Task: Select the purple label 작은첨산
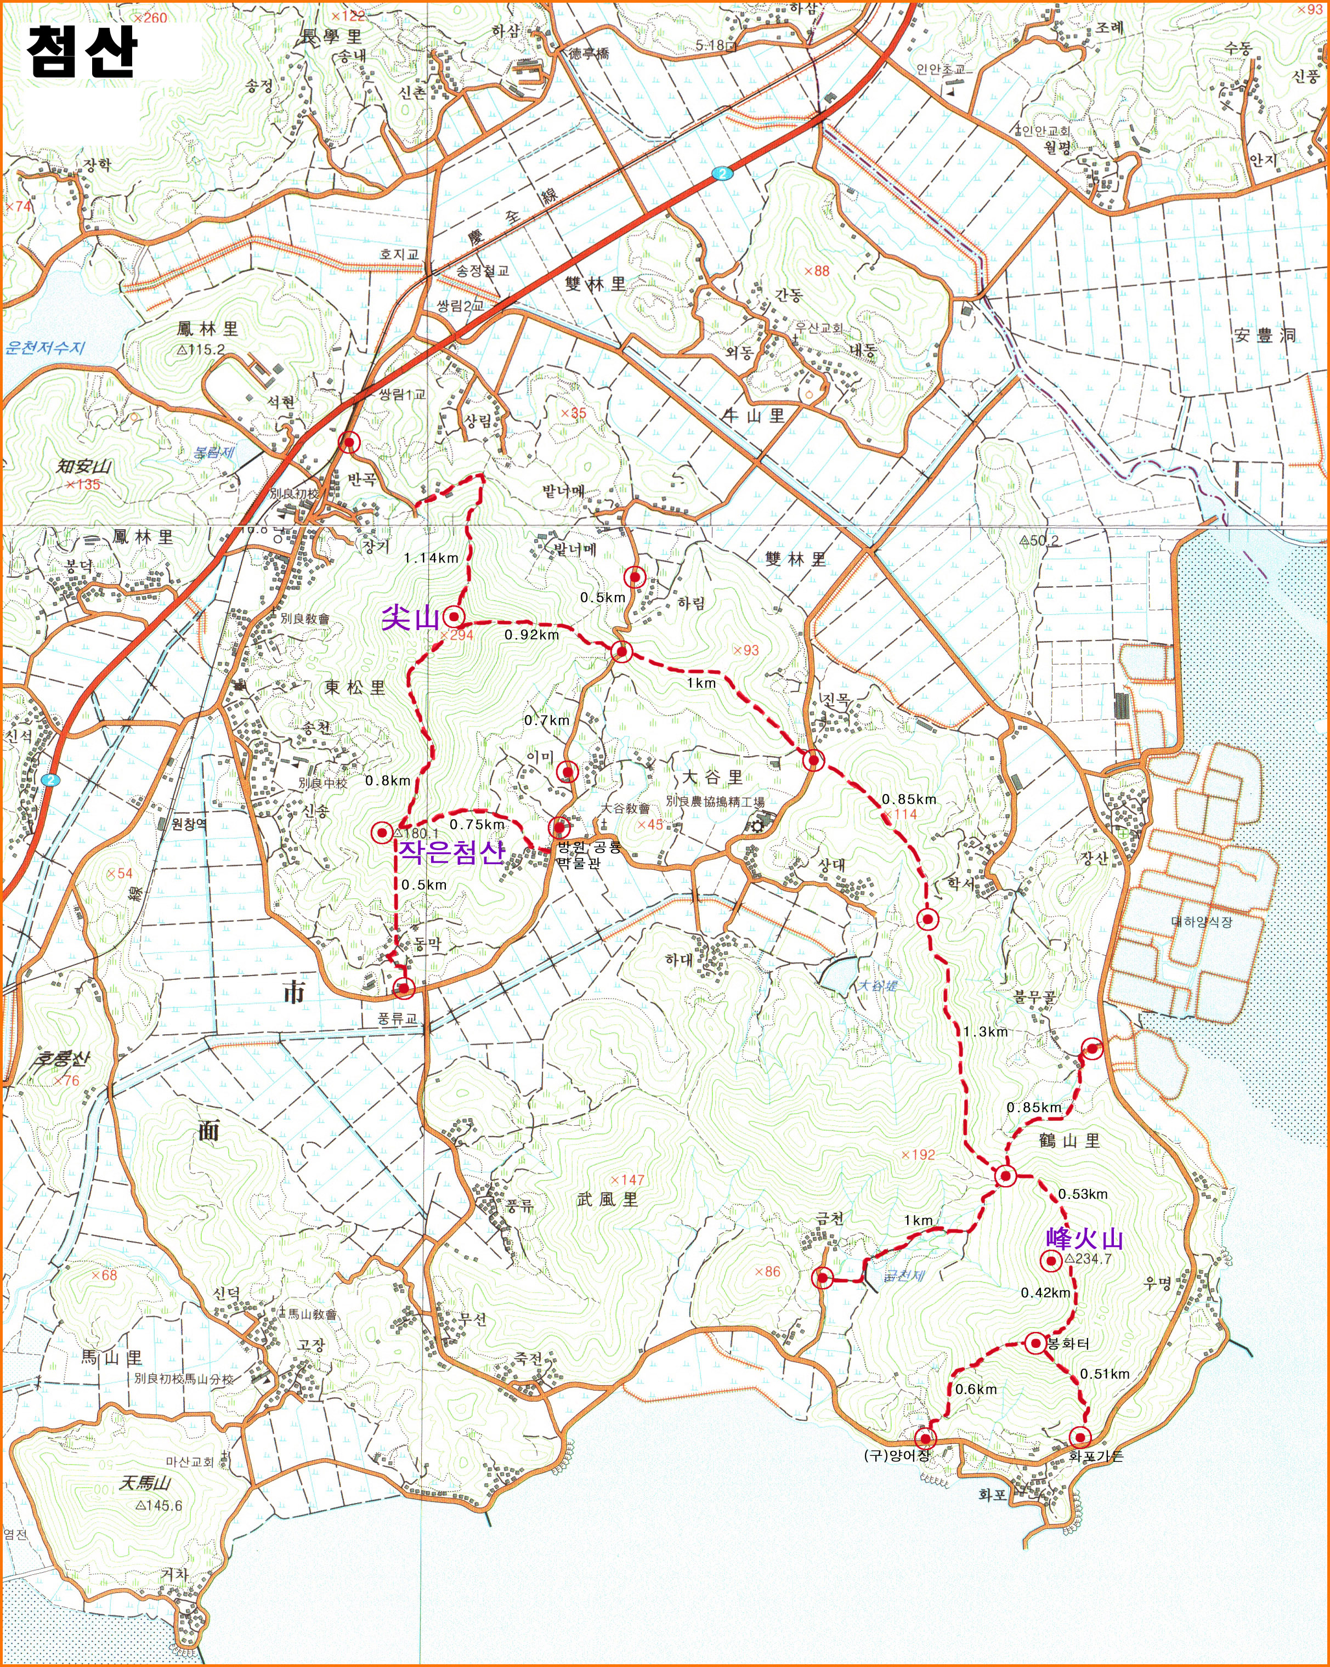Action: tap(451, 852)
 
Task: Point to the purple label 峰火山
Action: tap(1084, 1239)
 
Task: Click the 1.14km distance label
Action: tap(431, 558)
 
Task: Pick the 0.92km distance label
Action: tap(532, 635)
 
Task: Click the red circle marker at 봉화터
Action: tap(1036, 1343)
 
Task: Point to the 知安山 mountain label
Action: tap(84, 466)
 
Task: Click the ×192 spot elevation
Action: tap(918, 1154)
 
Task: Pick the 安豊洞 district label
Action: tap(1264, 336)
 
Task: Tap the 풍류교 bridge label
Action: tap(397, 1018)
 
